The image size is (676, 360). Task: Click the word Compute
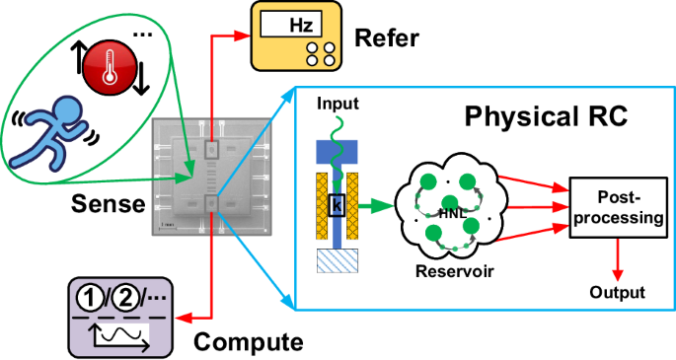(x=247, y=342)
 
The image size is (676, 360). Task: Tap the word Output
(x=617, y=293)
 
